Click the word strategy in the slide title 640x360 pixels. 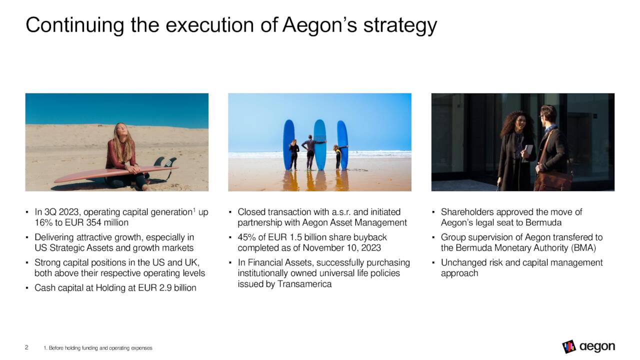click(400, 25)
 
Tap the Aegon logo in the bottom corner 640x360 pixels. click(588, 346)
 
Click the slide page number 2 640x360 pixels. click(27, 347)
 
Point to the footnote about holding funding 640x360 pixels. click(97, 347)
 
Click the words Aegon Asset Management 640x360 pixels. click(362, 222)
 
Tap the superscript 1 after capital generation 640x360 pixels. click(194, 209)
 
